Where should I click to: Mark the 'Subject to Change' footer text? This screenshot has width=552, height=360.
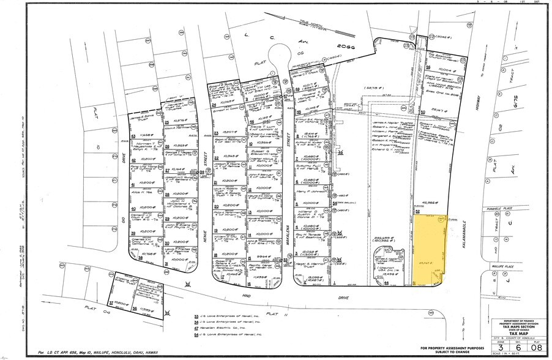point(447,353)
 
